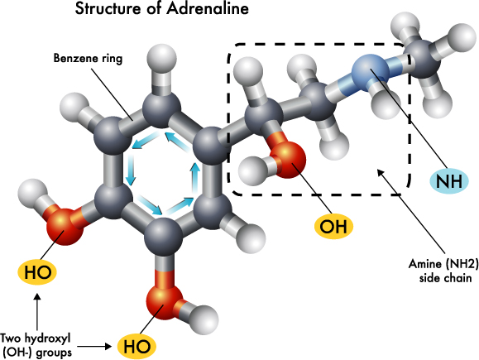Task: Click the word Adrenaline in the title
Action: point(208,8)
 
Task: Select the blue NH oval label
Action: point(448,181)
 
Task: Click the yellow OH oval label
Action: point(333,227)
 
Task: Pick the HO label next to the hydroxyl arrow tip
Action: point(137,346)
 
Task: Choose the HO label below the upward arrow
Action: point(37,271)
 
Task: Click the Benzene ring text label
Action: point(88,58)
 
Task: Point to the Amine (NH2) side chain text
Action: point(443,271)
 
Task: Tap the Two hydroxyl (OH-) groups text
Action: point(36,345)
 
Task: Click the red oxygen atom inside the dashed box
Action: point(287,160)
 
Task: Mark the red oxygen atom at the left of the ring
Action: point(65,227)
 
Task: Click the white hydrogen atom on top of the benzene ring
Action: point(161,59)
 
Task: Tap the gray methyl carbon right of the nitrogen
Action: point(422,59)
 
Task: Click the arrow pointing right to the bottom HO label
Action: point(94,347)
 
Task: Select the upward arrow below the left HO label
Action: point(37,312)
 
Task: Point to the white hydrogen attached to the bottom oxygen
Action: point(204,319)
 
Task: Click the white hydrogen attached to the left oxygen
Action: point(32,194)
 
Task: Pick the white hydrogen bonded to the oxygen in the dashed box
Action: point(253,170)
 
